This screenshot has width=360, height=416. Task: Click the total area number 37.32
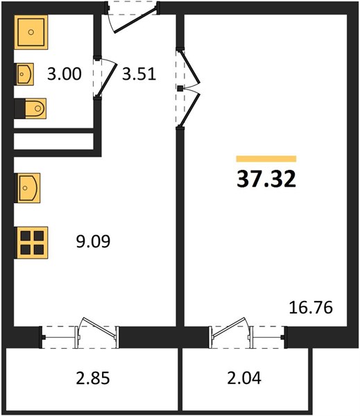pyautogui.click(x=266, y=179)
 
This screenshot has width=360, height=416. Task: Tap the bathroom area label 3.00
pyautogui.click(x=65, y=74)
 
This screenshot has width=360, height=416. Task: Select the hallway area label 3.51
pyautogui.click(x=139, y=74)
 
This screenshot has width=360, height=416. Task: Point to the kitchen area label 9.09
pyautogui.click(x=93, y=241)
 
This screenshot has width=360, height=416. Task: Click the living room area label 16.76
pyautogui.click(x=311, y=308)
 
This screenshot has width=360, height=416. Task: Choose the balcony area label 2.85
pyautogui.click(x=93, y=378)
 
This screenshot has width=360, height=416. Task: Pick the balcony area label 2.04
pyautogui.click(x=244, y=378)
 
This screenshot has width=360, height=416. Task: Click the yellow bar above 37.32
pyautogui.click(x=266, y=159)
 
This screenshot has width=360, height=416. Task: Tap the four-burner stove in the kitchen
pyautogui.click(x=31, y=243)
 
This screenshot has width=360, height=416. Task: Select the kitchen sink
pyautogui.click(x=28, y=188)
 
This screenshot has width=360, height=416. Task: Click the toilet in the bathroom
pyautogui.click(x=31, y=109)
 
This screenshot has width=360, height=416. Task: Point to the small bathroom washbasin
pyautogui.click(x=24, y=74)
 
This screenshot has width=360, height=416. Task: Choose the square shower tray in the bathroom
pyautogui.click(x=31, y=32)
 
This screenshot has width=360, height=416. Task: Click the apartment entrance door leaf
pyautogui.click(x=135, y=21)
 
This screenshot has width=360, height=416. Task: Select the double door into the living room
pyautogui.click(x=189, y=88)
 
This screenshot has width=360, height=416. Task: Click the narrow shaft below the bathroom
pyautogui.click(x=53, y=141)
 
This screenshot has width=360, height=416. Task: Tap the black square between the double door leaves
pyautogui.click(x=180, y=88)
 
